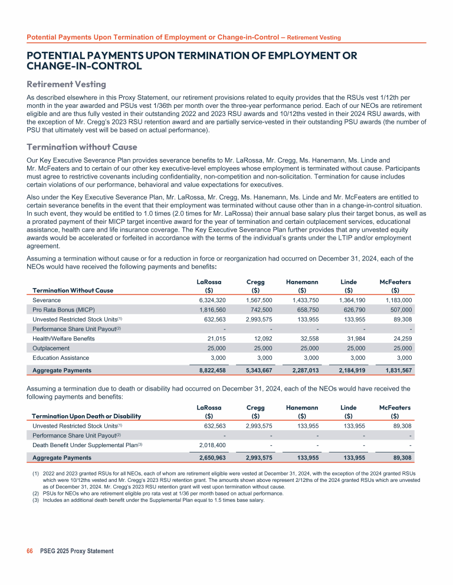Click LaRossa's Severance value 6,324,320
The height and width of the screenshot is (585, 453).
click(209, 300)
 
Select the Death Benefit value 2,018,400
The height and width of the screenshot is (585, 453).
click(209, 445)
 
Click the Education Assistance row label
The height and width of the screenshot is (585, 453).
click(61, 358)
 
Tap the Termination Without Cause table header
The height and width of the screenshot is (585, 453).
click(73, 290)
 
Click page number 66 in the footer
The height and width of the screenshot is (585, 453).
click(30, 551)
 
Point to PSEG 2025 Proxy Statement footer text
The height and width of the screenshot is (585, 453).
click(77, 551)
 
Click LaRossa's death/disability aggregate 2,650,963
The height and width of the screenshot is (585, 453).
click(209, 458)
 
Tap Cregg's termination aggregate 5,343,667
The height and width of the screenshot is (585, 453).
click(257, 370)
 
